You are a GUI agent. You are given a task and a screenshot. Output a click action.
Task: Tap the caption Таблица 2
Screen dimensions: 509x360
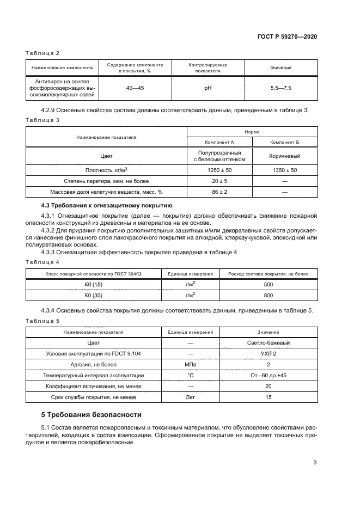[42, 53]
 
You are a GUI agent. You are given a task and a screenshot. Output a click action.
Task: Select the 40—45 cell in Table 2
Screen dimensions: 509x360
[135, 87]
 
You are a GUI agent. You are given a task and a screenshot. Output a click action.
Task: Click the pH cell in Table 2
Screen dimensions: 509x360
[208, 87]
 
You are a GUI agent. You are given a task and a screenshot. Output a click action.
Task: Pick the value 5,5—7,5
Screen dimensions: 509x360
[280, 87]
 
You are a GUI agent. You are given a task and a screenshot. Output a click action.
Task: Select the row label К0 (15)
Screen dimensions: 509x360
[94, 284]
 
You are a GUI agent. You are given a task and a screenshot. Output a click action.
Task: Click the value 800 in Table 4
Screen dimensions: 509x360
[268, 295]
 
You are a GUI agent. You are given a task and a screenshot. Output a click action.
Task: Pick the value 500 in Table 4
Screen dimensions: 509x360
[268, 284]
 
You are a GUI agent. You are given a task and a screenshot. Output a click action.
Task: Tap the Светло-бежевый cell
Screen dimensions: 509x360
[268, 343]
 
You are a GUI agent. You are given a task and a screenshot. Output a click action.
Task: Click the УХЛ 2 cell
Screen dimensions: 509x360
[268, 354]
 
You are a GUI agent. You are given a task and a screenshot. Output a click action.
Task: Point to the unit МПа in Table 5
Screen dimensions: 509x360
[191, 365]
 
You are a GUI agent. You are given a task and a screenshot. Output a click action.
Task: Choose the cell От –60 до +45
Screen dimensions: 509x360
[268, 376]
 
